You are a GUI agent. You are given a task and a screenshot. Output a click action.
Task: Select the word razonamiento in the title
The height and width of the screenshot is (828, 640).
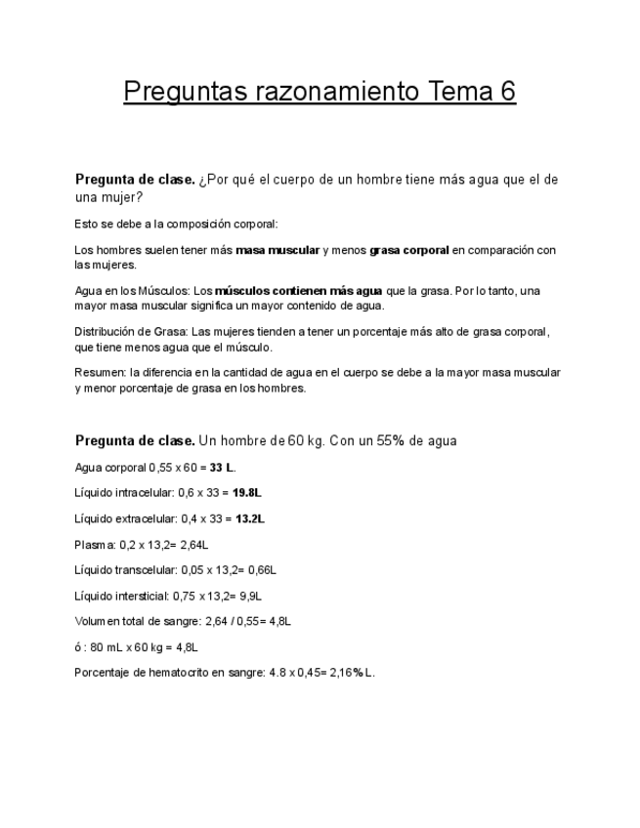(x=334, y=92)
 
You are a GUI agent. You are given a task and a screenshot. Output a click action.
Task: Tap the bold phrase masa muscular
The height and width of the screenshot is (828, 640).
(x=277, y=250)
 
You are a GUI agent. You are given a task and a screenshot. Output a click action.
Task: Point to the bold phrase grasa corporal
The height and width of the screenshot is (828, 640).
(x=409, y=250)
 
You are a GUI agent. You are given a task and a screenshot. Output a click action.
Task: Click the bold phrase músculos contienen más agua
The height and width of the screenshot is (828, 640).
(x=298, y=291)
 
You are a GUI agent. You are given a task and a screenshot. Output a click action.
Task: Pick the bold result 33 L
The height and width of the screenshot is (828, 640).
(x=222, y=468)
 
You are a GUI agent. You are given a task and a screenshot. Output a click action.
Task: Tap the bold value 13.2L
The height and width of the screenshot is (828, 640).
(x=249, y=518)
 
